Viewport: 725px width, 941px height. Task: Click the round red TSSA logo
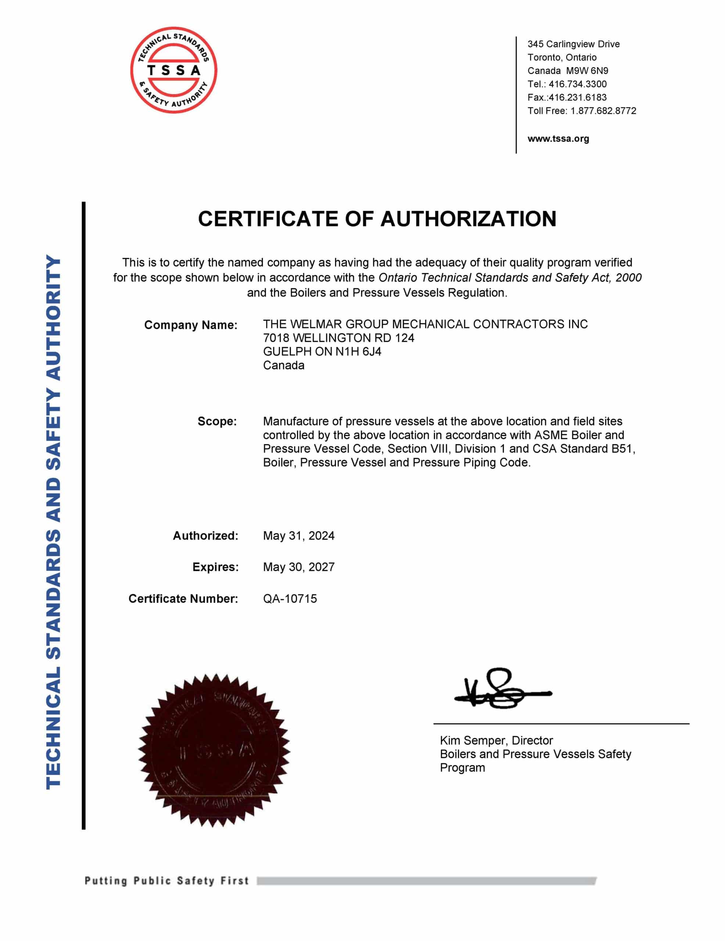tap(173, 70)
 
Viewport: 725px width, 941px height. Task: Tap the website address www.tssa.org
tap(558, 139)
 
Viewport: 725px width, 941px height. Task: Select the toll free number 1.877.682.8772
tap(603, 111)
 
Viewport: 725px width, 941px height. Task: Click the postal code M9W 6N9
tap(587, 71)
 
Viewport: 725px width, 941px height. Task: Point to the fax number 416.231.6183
tap(578, 97)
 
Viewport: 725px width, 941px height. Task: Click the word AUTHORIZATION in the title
tap(468, 219)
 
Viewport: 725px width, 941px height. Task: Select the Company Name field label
tap(190, 325)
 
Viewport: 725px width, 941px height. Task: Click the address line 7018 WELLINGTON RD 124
tap(338, 338)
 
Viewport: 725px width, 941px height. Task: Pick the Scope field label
tap(217, 421)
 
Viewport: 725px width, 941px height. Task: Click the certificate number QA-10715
tap(290, 598)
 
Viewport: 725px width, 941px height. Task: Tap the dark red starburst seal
tap(214, 750)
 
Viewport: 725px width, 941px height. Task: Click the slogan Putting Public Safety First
tap(167, 881)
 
